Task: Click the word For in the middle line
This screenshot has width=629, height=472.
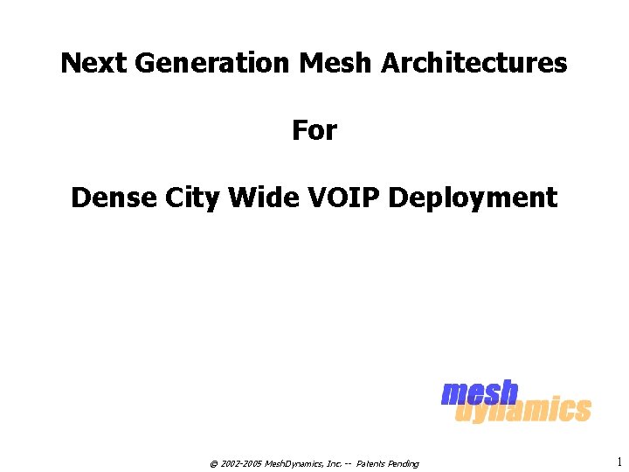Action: point(314,131)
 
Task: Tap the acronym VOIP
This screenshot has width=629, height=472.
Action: point(345,198)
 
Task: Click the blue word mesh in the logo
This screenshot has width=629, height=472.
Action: point(480,393)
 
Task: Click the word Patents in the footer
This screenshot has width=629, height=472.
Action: point(372,463)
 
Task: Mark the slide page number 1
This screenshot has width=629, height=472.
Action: point(619,462)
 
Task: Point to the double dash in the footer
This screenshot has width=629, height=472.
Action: point(349,463)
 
